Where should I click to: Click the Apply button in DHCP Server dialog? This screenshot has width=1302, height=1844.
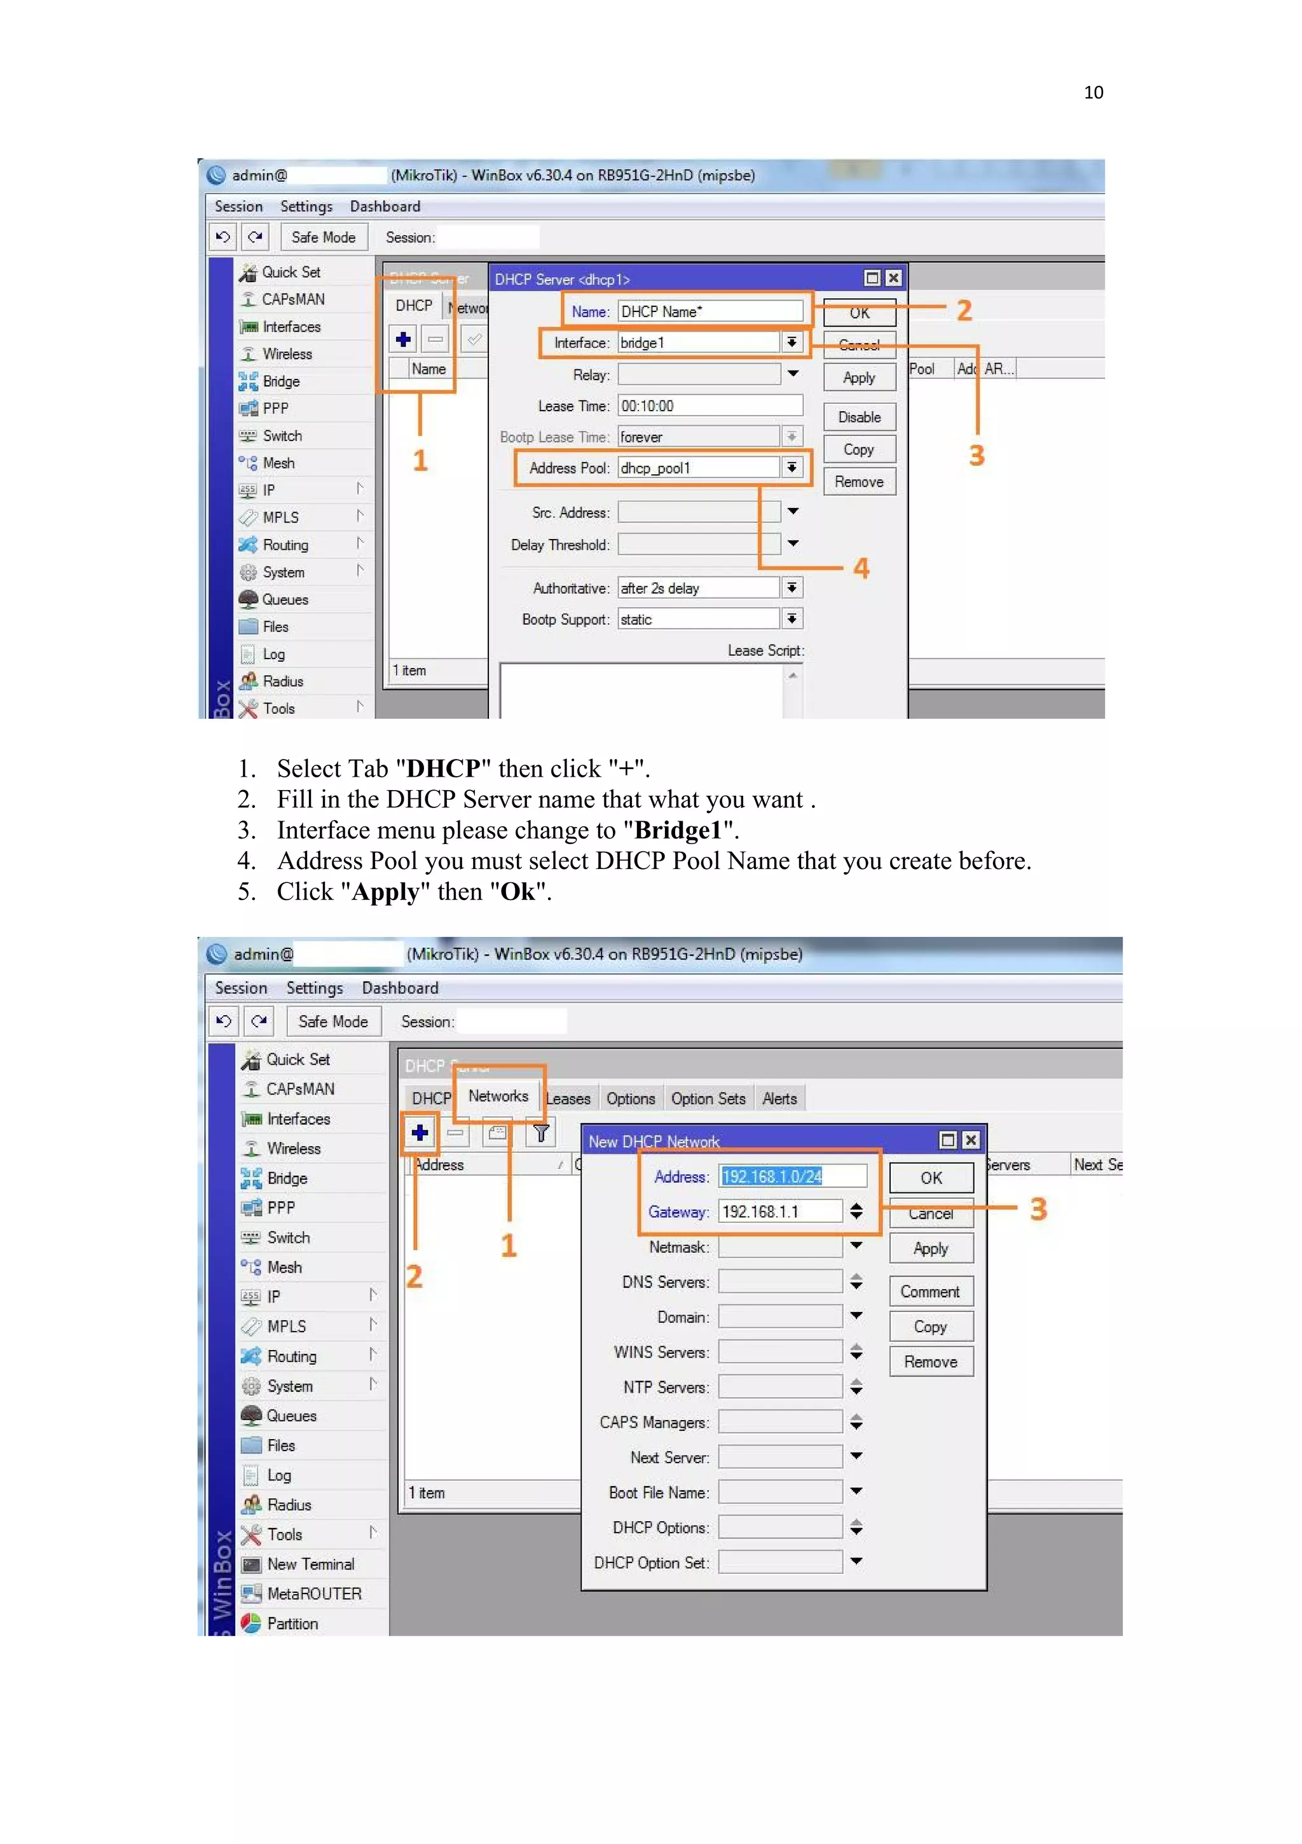(859, 378)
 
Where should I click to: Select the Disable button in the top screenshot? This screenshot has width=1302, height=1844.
(859, 417)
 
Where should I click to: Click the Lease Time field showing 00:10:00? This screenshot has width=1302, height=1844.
(709, 406)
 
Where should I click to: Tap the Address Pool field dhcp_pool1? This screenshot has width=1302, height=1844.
(698, 468)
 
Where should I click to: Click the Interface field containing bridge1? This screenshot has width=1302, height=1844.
(698, 343)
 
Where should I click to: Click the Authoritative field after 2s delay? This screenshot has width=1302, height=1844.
(698, 588)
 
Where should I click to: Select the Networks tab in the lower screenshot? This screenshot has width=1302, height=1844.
(498, 1096)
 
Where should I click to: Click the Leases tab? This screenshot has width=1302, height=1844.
(568, 1098)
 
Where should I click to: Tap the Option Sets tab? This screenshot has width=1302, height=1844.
(708, 1098)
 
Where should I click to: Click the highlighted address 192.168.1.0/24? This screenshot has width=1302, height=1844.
(772, 1177)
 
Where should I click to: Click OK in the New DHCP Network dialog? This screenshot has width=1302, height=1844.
(931, 1177)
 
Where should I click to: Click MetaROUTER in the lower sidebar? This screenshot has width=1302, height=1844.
(314, 1594)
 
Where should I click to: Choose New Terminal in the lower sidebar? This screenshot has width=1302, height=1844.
(310, 1564)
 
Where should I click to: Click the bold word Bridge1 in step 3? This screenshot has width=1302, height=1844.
(678, 830)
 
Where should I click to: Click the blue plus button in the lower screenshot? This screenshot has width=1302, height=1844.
(420, 1133)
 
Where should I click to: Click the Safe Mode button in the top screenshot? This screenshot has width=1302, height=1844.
(324, 237)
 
